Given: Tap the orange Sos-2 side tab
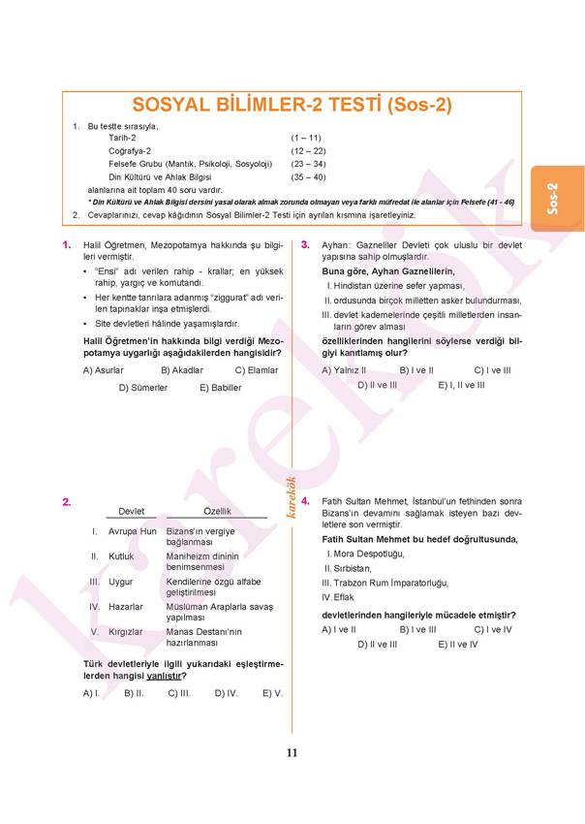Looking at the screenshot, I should pyautogui.click(x=552, y=198).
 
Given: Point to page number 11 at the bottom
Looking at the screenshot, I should pyautogui.click(x=292, y=753).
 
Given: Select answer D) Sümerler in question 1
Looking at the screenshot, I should pyautogui.click(x=143, y=387).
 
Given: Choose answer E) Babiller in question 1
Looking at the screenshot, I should pyautogui.click(x=220, y=387).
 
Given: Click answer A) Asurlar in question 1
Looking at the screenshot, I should pyautogui.click(x=104, y=370).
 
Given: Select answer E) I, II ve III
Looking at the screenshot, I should pyautogui.click(x=461, y=385).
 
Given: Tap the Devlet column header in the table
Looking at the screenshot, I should pyautogui.click(x=131, y=511).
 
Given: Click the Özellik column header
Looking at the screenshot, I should pyautogui.click(x=217, y=511).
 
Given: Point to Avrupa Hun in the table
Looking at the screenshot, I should pyautogui.click(x=133, y=532).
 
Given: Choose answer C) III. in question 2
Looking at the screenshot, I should pyautogui.click(x=179, y=693).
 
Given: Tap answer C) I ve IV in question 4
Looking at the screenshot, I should pyautogui.click(x=492, y=629).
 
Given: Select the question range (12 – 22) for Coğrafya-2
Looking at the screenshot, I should pyautogui.click(x=308, y=151).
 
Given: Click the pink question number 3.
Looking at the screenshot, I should pyautogui.click(x=305, y=245).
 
